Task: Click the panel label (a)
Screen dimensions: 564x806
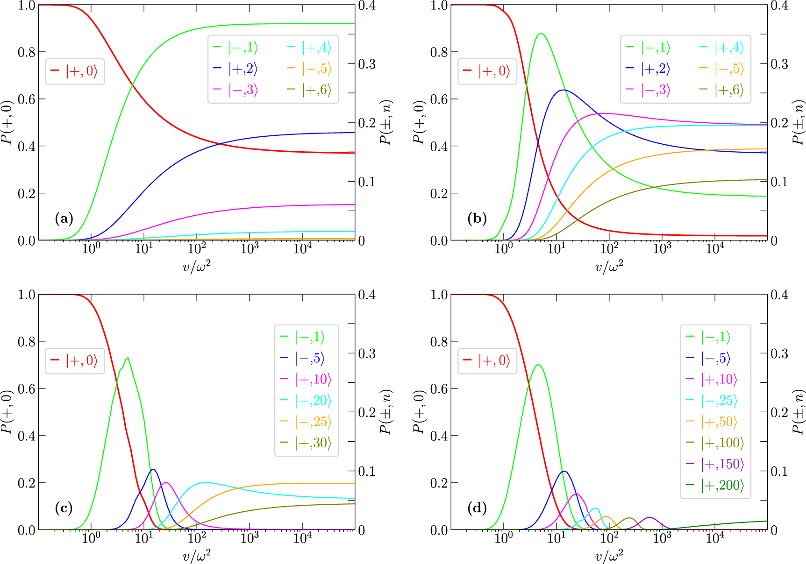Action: pyautogui.click(x=64, y=219)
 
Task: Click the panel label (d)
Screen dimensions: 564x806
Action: pyautogui.click(x=477, y=508)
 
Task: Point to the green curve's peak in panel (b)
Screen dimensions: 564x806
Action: pyautogui.click(x=541, y=33)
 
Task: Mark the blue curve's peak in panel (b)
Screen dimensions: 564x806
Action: pyautogui.click(x=563, y=90)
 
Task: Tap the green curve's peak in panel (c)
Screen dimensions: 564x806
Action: pyautogui.click(x=128, y=358)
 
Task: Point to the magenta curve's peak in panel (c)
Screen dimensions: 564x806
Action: pyautogui.click(x=165, y=483)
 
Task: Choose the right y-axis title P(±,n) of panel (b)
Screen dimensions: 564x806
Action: pyautogui.click(x=799, y=122)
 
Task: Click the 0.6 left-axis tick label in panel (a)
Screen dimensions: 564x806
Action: pyautogui.click(x=26, y=99)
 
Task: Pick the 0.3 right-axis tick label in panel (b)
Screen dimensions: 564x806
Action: pyautogui.click(x=779, y=64)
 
